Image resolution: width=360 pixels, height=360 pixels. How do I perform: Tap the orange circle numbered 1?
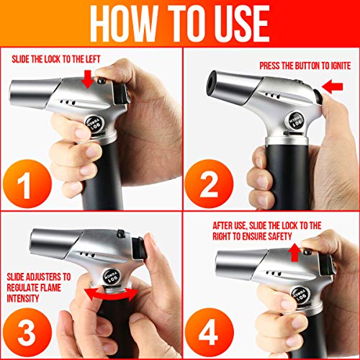27,184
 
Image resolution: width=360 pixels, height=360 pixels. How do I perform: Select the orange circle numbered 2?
210,184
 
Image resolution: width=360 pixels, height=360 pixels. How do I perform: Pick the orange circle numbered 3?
27,333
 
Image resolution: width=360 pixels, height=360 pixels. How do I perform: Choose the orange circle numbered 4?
210,333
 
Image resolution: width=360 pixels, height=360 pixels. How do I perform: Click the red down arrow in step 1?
88,79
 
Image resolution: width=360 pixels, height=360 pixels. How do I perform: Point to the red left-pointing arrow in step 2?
332,86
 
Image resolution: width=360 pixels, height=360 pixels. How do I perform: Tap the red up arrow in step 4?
294,252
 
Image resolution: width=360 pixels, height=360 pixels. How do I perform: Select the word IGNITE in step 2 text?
341,66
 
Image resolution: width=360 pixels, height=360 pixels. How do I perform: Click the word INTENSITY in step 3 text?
23,298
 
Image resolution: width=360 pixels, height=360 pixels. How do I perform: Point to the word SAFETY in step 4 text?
280,236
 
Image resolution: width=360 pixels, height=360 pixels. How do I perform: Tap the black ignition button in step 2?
318,96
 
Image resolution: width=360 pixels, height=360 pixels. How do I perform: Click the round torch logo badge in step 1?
95,124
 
